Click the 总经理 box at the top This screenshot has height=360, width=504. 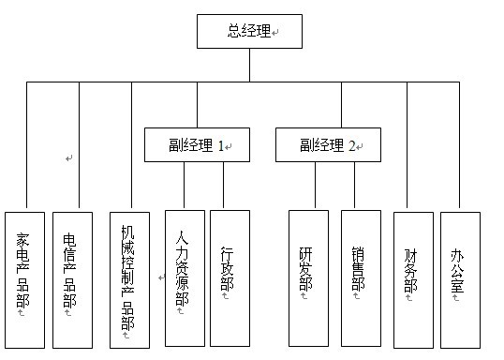click(x=249, y=31)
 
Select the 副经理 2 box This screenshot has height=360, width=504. click(x=328, y=145)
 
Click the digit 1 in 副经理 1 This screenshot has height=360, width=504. click(x=222, y=145)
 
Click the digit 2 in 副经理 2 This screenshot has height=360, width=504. click(x=353, y=145)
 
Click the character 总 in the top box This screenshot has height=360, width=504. click(x=234, y=31)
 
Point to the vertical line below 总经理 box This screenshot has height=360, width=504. click(x=249, y=65)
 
